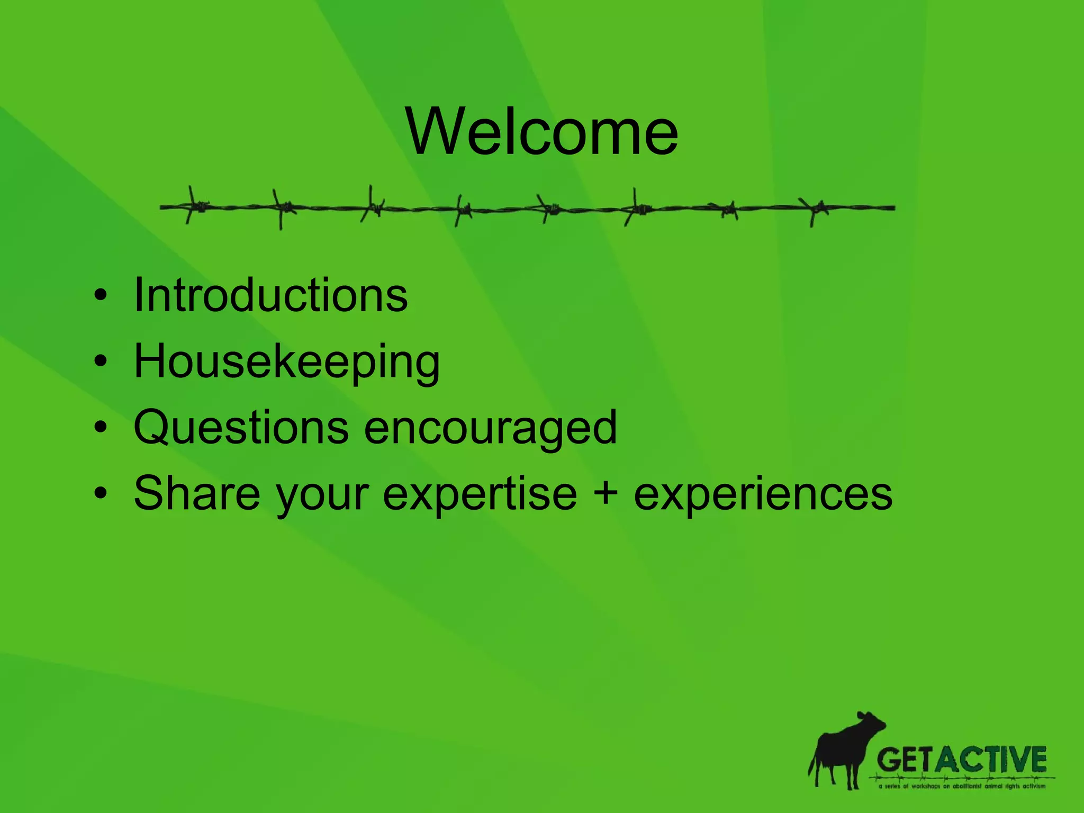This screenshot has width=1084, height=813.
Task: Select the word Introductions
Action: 270,295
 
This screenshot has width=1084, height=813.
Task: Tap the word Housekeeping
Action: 286,362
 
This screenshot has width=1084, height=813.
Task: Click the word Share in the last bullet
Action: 197,493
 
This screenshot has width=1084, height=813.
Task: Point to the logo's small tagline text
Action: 962,787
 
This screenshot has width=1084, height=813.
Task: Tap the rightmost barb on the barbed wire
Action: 816,209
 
